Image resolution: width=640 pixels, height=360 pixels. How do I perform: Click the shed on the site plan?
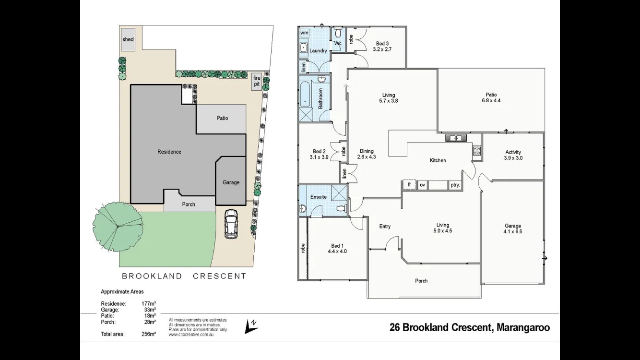pos(128,39)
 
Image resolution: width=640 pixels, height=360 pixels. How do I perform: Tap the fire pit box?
pos(257,81)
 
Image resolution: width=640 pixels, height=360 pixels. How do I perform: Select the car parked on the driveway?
pos(231,224)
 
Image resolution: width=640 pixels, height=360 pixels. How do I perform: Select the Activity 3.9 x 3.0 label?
pos(513,155)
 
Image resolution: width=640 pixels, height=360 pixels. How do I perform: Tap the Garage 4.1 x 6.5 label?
pos(513,228)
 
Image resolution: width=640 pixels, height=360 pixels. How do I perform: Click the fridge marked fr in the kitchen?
pos(409,184)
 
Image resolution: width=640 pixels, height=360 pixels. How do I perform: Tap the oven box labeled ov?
pos(422,184)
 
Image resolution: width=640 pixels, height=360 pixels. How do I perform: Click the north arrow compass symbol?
pos(249,326)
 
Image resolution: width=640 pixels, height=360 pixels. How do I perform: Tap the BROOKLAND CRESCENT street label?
pos(184,276)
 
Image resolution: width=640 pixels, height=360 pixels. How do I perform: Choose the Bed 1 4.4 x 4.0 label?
pos(337,248)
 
